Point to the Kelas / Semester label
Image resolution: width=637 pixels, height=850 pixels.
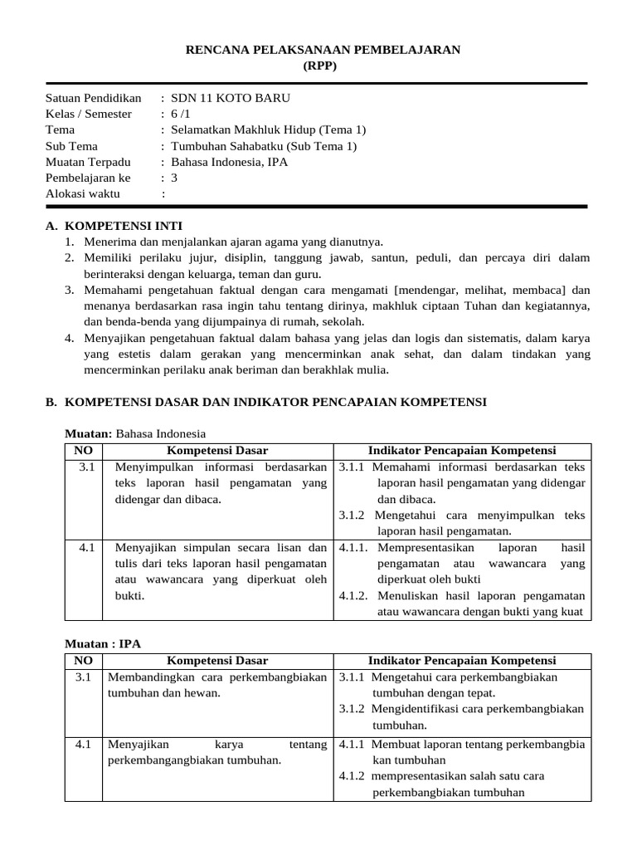pos(88,114)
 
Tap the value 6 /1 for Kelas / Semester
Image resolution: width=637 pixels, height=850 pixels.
pos(180,114)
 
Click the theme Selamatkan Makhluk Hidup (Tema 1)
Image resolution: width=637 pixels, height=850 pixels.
pos(268,129)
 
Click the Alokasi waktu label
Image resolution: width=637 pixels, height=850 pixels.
pos(82,193)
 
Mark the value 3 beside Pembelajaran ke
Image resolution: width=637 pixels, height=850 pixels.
pos(174,178)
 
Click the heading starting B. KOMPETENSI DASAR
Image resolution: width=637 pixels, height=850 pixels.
pos(265,402)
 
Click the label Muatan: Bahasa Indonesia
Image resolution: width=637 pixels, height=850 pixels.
pos(135,433)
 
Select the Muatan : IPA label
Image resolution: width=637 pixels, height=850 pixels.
pos(98,644)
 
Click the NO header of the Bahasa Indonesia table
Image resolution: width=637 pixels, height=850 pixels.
pos(83,450)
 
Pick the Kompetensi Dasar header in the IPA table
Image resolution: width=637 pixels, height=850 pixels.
pos(217,661)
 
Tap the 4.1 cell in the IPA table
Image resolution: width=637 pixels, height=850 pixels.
pos(83,745)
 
